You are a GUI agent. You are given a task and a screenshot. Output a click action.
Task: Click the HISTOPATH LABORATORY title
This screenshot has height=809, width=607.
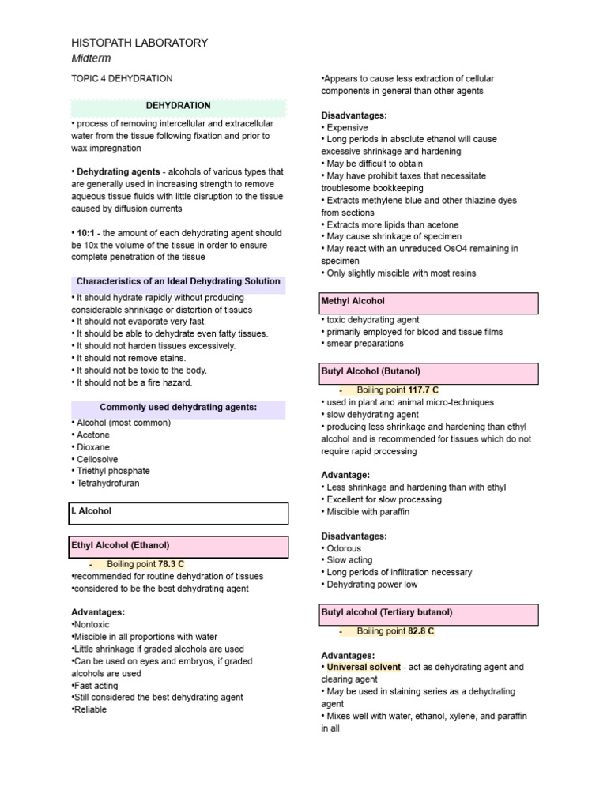tap(140, 43)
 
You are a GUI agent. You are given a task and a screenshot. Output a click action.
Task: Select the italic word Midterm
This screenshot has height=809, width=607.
tap(91, 58)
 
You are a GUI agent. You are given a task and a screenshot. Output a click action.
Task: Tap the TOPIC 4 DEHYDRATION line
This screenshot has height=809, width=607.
tap(122, 79)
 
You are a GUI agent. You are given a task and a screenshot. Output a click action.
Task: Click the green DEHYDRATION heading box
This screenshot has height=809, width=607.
tap(178, 106)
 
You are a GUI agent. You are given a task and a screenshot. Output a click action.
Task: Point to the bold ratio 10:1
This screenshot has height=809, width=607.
tap(85, 233)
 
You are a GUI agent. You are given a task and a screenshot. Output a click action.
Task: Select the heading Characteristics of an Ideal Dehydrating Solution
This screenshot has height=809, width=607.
tap(178, 282)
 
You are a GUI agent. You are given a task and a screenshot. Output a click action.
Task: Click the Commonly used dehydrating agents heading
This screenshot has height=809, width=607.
tap(178, 408)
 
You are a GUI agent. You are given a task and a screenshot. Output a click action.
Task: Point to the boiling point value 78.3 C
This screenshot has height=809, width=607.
tap(171, 564)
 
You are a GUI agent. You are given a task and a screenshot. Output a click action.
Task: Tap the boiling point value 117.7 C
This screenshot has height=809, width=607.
tap(423, 390)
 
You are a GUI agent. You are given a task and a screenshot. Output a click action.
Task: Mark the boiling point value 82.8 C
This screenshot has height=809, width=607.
tap(420, 631)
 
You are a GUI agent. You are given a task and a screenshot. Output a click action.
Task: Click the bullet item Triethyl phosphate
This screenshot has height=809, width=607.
tap(113, 471)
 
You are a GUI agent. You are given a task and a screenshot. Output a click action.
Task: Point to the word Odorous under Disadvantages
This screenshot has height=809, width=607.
tap(344, 548)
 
